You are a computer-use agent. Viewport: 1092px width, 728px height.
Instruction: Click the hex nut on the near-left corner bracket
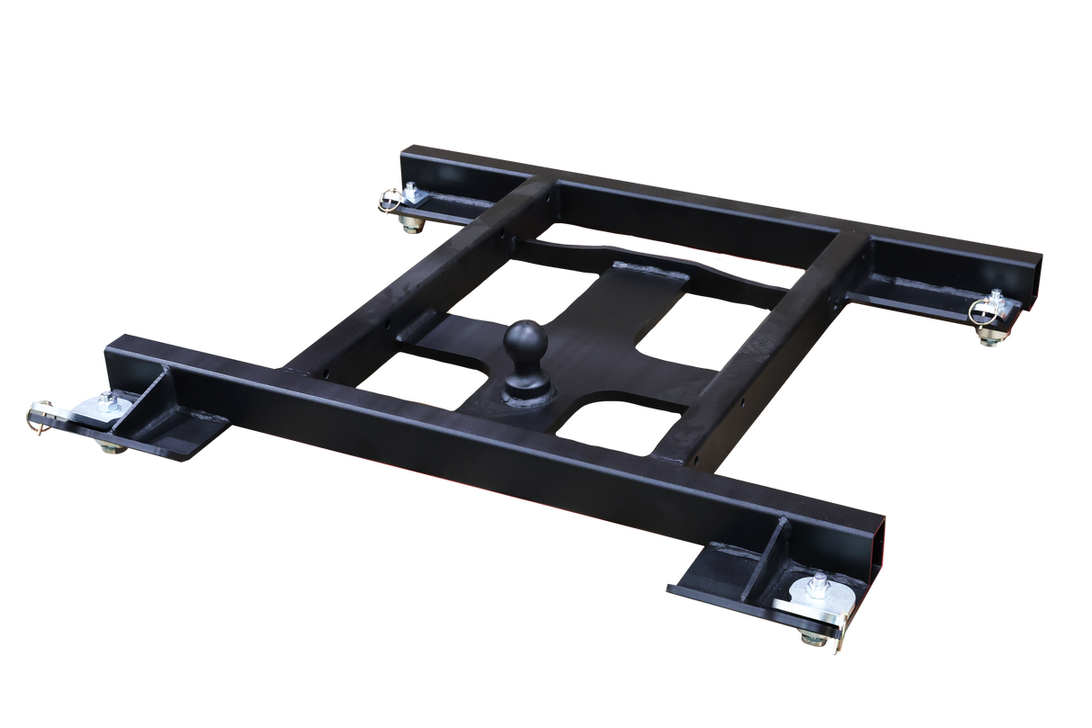pyautogui.click(x=108, y=397)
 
